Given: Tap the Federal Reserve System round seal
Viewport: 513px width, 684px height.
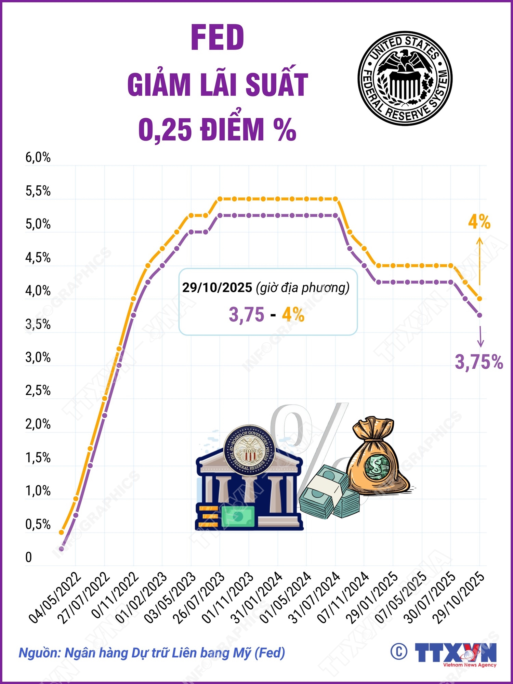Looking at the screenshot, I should pos(405,78).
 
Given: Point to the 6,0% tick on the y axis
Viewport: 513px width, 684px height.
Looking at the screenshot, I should pos(38,158).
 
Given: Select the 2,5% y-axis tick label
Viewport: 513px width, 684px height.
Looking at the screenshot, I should pos(38,391).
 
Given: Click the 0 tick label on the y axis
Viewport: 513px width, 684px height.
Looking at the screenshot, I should pos(29,557).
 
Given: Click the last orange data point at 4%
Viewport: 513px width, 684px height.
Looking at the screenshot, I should pos(479,299).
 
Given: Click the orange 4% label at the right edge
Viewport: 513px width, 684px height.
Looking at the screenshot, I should pos(479,222).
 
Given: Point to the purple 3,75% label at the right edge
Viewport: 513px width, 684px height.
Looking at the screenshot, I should pos(479,362).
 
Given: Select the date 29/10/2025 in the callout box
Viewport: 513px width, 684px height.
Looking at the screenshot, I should pos(217,288).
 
